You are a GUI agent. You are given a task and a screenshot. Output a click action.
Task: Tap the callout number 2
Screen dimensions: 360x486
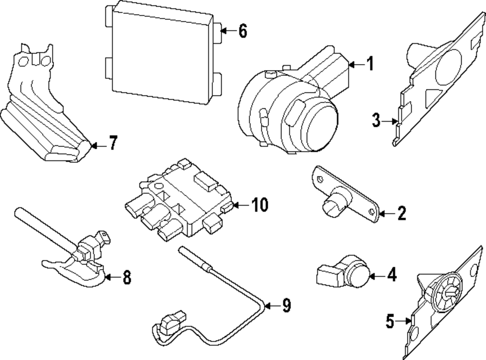coord(401,213)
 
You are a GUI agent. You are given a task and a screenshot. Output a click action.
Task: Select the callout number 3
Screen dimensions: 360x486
coord(376,120)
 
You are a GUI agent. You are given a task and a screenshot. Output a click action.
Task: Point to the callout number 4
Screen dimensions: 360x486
coord(391,275)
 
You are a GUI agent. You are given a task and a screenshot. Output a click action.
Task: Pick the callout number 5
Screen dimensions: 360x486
coord(389,321)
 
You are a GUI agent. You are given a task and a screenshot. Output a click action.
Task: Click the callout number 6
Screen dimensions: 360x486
coord(243,32)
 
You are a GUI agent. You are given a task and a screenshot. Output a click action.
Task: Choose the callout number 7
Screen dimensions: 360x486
coord(112,144)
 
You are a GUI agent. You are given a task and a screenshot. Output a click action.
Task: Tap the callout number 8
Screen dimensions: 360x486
coord(126,277)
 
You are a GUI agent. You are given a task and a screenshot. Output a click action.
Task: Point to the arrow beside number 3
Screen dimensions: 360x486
coord(390,120)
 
